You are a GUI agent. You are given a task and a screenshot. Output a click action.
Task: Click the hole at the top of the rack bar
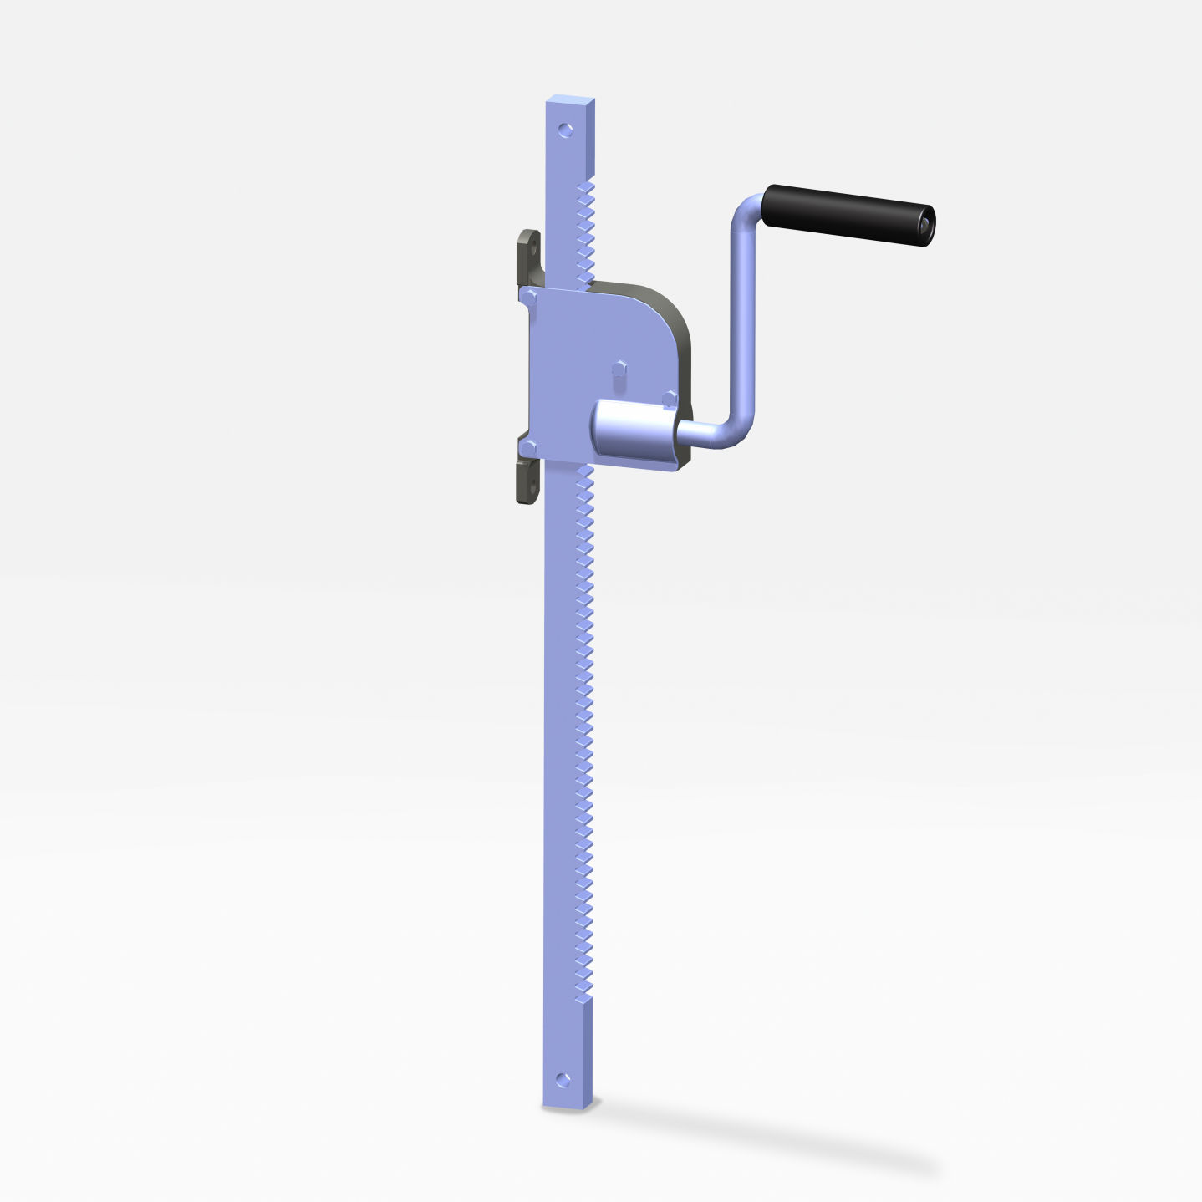[x=566, y=130]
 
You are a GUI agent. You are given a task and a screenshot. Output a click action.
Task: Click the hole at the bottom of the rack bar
[x=563, y=1079]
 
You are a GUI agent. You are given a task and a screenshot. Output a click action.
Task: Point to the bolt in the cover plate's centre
[x=619, y=368]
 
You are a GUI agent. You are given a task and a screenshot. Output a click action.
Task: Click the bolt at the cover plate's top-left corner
[x=528, y=296]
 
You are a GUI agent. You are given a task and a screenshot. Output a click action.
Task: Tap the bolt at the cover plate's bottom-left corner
[x=528, y=449]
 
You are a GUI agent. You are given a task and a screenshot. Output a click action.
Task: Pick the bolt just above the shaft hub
[x=669, y=399]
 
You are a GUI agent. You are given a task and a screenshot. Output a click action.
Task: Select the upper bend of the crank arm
[x=745, y=213]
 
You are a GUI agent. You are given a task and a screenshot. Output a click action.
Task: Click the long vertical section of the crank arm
[x=742, y=326]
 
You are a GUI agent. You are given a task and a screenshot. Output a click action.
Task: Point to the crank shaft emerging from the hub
[x=699, y=433]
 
